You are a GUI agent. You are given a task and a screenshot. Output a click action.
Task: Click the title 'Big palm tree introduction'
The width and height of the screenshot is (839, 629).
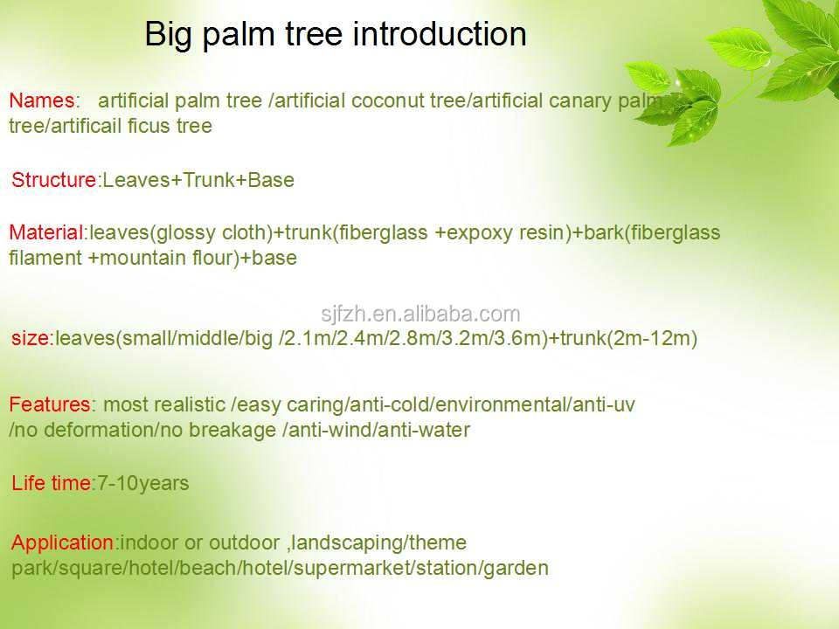[x=336, y=35]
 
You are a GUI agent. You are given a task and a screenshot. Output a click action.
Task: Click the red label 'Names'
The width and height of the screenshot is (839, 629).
[x=42, y=100]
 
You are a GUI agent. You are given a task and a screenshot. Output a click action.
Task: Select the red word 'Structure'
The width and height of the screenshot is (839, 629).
[x=53, y=180]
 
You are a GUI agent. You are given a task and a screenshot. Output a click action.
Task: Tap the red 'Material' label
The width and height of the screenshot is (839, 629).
[x=46, y=232]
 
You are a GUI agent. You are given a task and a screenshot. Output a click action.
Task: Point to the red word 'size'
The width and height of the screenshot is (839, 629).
[x=31, y=338]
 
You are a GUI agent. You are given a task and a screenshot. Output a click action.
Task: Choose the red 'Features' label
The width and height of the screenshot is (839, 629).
[x=50, y=404]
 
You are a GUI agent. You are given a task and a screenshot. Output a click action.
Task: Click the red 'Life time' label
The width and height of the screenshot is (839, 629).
[x=52, y=483]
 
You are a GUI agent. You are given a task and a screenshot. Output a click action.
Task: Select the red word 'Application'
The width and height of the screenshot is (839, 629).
[x=62, y=543]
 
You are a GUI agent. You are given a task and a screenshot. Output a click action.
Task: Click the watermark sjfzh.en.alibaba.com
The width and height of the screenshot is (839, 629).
[x=420, y=314]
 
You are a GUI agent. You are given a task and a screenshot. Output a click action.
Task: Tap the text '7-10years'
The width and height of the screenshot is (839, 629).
[x=142, y=484]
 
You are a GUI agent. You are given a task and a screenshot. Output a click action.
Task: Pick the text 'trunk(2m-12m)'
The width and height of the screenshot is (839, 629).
[x=628, y=339]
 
